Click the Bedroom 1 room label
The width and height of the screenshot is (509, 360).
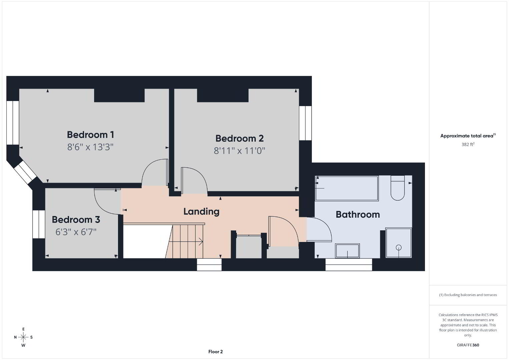[x=90, y=135]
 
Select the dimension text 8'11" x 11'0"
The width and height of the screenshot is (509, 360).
[x=239, y=151]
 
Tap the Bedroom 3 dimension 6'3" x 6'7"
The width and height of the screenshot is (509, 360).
[x=76, y=232]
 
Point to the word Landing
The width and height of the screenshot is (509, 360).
[x=201, y=211]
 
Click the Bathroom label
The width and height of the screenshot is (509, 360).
[x=358, y=215]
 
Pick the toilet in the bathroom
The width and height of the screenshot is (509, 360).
[x=398, y=188]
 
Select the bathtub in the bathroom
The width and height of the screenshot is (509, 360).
[x=347, y=188]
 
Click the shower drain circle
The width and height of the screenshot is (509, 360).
[x=399, y=247]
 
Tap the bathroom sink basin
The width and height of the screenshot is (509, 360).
[x=348, y=251]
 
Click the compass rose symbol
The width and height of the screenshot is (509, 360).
[x=23, y=337]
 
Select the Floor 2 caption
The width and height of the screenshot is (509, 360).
[x=215, y=352]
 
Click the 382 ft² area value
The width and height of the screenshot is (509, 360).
[x=468, y=144]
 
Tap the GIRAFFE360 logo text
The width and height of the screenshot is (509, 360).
[x=468, y=345]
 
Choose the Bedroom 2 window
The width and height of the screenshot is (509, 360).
[x=305, y=123]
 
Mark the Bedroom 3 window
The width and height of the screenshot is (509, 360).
[x=39, y=224]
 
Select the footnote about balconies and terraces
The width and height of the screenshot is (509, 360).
[x=468, y=295]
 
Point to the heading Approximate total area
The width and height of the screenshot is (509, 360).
[x=468, y=136]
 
